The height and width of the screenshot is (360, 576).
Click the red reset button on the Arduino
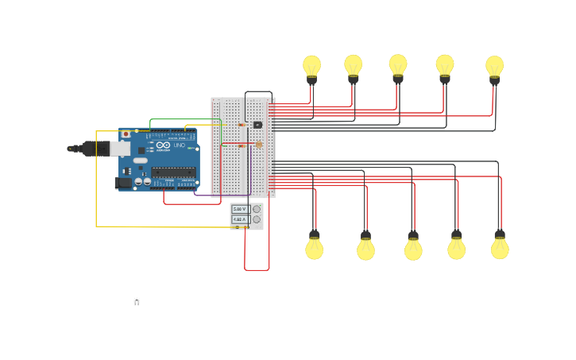point(126,134)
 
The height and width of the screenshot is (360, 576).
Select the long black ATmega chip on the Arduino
point(173,172)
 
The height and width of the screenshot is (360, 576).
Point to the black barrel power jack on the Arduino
point(122,183)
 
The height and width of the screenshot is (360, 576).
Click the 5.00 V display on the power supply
point(240,209)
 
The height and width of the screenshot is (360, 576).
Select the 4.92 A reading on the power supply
point(240,219)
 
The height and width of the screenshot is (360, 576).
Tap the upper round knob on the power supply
point(256,209)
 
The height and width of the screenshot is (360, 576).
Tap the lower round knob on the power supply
point(256,220)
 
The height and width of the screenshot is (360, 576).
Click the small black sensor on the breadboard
point(257,125)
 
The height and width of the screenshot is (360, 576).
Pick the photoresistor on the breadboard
point(258,145)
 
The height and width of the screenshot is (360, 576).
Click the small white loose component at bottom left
point(137,300)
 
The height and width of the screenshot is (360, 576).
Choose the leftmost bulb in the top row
point(311,67)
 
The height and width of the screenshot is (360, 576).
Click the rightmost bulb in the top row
point(494,68)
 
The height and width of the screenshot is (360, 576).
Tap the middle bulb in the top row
point(398,66)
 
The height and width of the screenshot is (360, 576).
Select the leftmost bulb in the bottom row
point(315,248)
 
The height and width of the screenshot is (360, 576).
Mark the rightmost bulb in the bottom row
point(500,247)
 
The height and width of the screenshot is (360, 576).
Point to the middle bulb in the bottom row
point(413,249)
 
